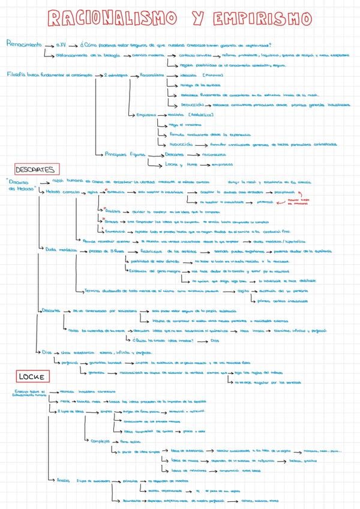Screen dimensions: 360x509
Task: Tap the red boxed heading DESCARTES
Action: [x=35, y=169]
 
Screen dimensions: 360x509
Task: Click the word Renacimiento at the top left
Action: [x=24, y=44]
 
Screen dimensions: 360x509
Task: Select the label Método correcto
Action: [x=61, y=192]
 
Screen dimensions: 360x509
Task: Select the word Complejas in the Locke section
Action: [x=99, y=441]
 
